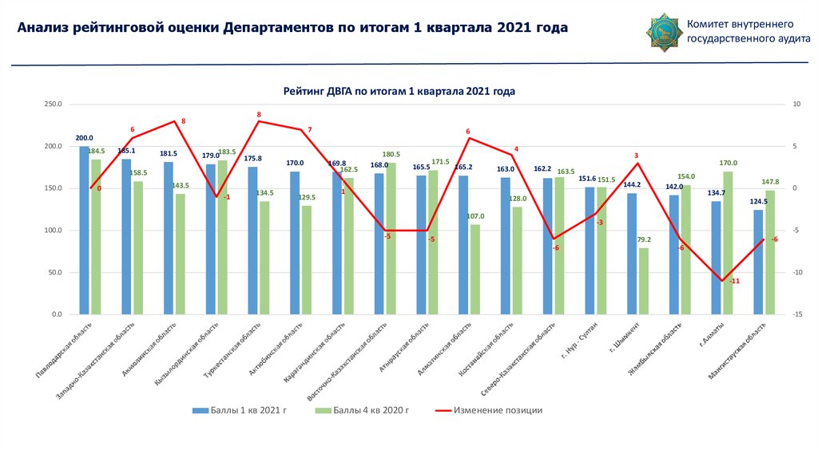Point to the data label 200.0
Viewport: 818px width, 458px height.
84,138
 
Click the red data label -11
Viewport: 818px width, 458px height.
735,281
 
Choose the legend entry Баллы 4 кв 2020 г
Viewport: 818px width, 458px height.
370,410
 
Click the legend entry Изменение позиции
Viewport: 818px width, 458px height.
498,410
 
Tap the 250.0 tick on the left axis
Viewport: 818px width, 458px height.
54,105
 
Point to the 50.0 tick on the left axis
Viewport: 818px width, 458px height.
55,273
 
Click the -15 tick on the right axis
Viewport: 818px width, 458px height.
797,315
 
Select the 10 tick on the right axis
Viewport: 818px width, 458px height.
796,105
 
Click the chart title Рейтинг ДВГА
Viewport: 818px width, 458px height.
399,91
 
